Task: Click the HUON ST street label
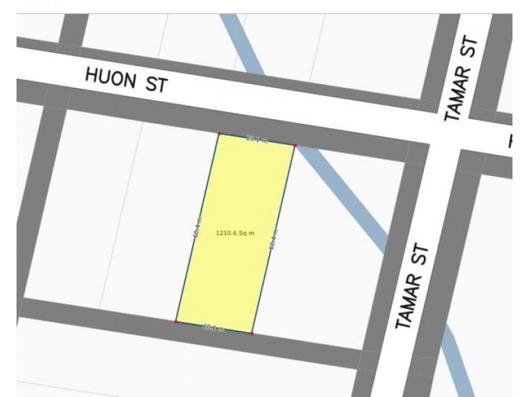126,81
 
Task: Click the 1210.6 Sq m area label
235,233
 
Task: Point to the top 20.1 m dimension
256,140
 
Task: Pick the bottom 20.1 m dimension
213,328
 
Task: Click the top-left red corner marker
219,134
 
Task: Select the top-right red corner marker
295,145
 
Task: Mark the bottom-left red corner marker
176,322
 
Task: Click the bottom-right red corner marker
252,333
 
